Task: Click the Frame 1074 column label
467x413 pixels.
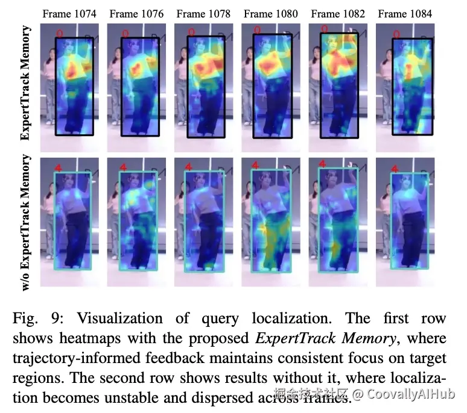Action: pos(69,14)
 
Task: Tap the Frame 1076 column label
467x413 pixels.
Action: pos(136,14)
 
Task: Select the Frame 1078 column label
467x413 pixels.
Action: pos(203,14)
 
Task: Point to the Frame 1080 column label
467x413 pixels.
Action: pos(271,14)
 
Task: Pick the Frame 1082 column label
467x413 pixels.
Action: pos(338,14)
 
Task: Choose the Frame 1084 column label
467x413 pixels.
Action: pos(405,14)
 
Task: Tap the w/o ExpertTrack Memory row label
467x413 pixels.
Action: pos(26,223)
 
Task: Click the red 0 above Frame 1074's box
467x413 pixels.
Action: pos(59,32)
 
